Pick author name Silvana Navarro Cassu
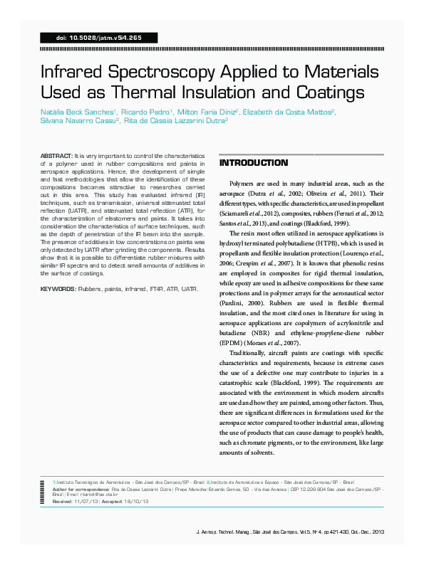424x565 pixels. click(75, 121)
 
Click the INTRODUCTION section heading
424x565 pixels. click(253, 164)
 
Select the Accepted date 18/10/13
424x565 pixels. click(135, 501)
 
